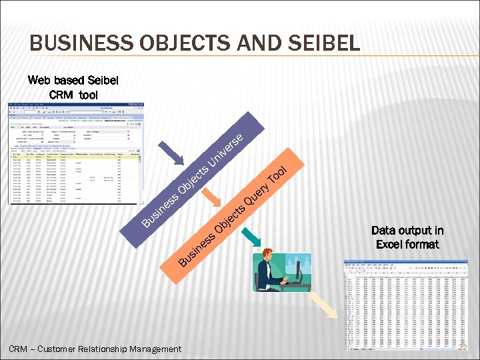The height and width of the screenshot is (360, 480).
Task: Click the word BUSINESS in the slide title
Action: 75,44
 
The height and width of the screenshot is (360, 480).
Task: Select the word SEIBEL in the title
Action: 320,44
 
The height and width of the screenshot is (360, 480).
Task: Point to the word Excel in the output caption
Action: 389,245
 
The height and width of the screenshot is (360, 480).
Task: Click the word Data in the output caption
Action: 383,231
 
